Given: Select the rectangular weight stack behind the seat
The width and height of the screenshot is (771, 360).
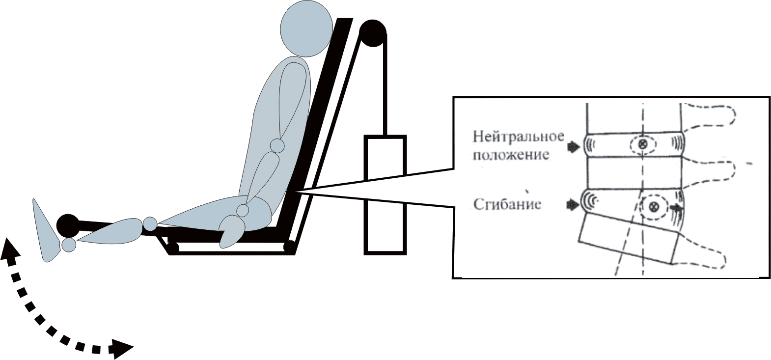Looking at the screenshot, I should click(385, 195).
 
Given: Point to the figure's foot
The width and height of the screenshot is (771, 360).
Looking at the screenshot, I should click(47, 231).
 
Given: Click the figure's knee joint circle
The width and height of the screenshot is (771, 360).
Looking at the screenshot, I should click(150, 224).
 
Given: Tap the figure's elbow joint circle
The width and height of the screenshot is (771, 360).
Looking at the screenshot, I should click(277, 146).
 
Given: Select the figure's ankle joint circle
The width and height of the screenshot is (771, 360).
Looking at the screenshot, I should click(69, 245).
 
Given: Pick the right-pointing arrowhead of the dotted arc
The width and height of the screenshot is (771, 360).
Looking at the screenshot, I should click(123, 348).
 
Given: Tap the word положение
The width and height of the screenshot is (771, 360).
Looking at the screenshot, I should click(510, 155).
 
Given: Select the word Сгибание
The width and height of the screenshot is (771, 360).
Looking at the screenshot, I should click(507, 204).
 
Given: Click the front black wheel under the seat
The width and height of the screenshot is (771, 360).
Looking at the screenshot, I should click(172, 246).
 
